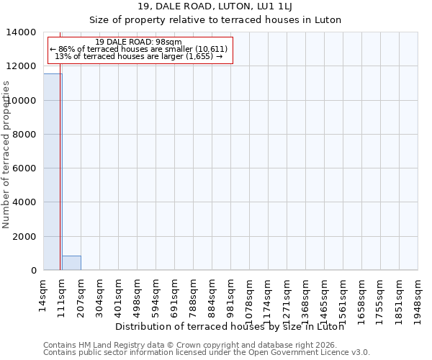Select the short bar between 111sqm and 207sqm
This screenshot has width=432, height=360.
click(71, 263)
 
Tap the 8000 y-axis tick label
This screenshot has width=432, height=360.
click(23, 135)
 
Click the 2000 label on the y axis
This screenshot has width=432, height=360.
click(23, 237)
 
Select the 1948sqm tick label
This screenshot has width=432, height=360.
click(418, 299)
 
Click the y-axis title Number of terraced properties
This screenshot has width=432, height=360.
click(6, 155)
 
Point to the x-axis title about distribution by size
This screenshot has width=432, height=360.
click(229, 327)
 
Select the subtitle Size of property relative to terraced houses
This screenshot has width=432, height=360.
click(215, 20)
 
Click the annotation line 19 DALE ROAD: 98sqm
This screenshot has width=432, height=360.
click(139, 42)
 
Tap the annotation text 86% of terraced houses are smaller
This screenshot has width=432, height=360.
click(139, 49)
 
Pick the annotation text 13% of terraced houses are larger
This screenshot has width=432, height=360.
click(139, 56)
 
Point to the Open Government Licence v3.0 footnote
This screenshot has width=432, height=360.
click(207, 353)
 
